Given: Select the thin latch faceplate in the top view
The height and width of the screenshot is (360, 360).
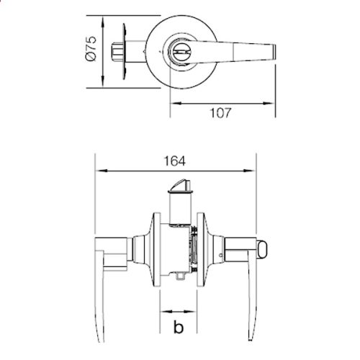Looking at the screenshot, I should click(x=127, y=52).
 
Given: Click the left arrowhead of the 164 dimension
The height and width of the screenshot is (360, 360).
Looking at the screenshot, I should click(x=99, y=171).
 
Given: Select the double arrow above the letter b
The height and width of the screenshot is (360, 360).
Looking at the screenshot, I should click(x=178, y=313).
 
